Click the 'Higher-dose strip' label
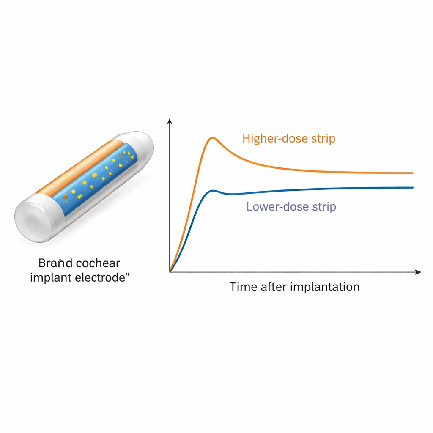[x=289, y=138]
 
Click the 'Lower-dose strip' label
[x=291, y=207]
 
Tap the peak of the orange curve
[x=213, y=137]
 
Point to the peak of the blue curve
[x=214, y=190]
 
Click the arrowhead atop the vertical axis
[x=170, y=121]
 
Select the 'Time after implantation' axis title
[x=294, y=287]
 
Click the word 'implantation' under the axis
[x=325, y=288]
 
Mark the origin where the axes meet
[x=170, y=272]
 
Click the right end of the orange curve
[x=412, y=173]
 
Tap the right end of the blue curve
[x=412, y=188]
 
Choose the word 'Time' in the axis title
[x=243, y=287]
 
